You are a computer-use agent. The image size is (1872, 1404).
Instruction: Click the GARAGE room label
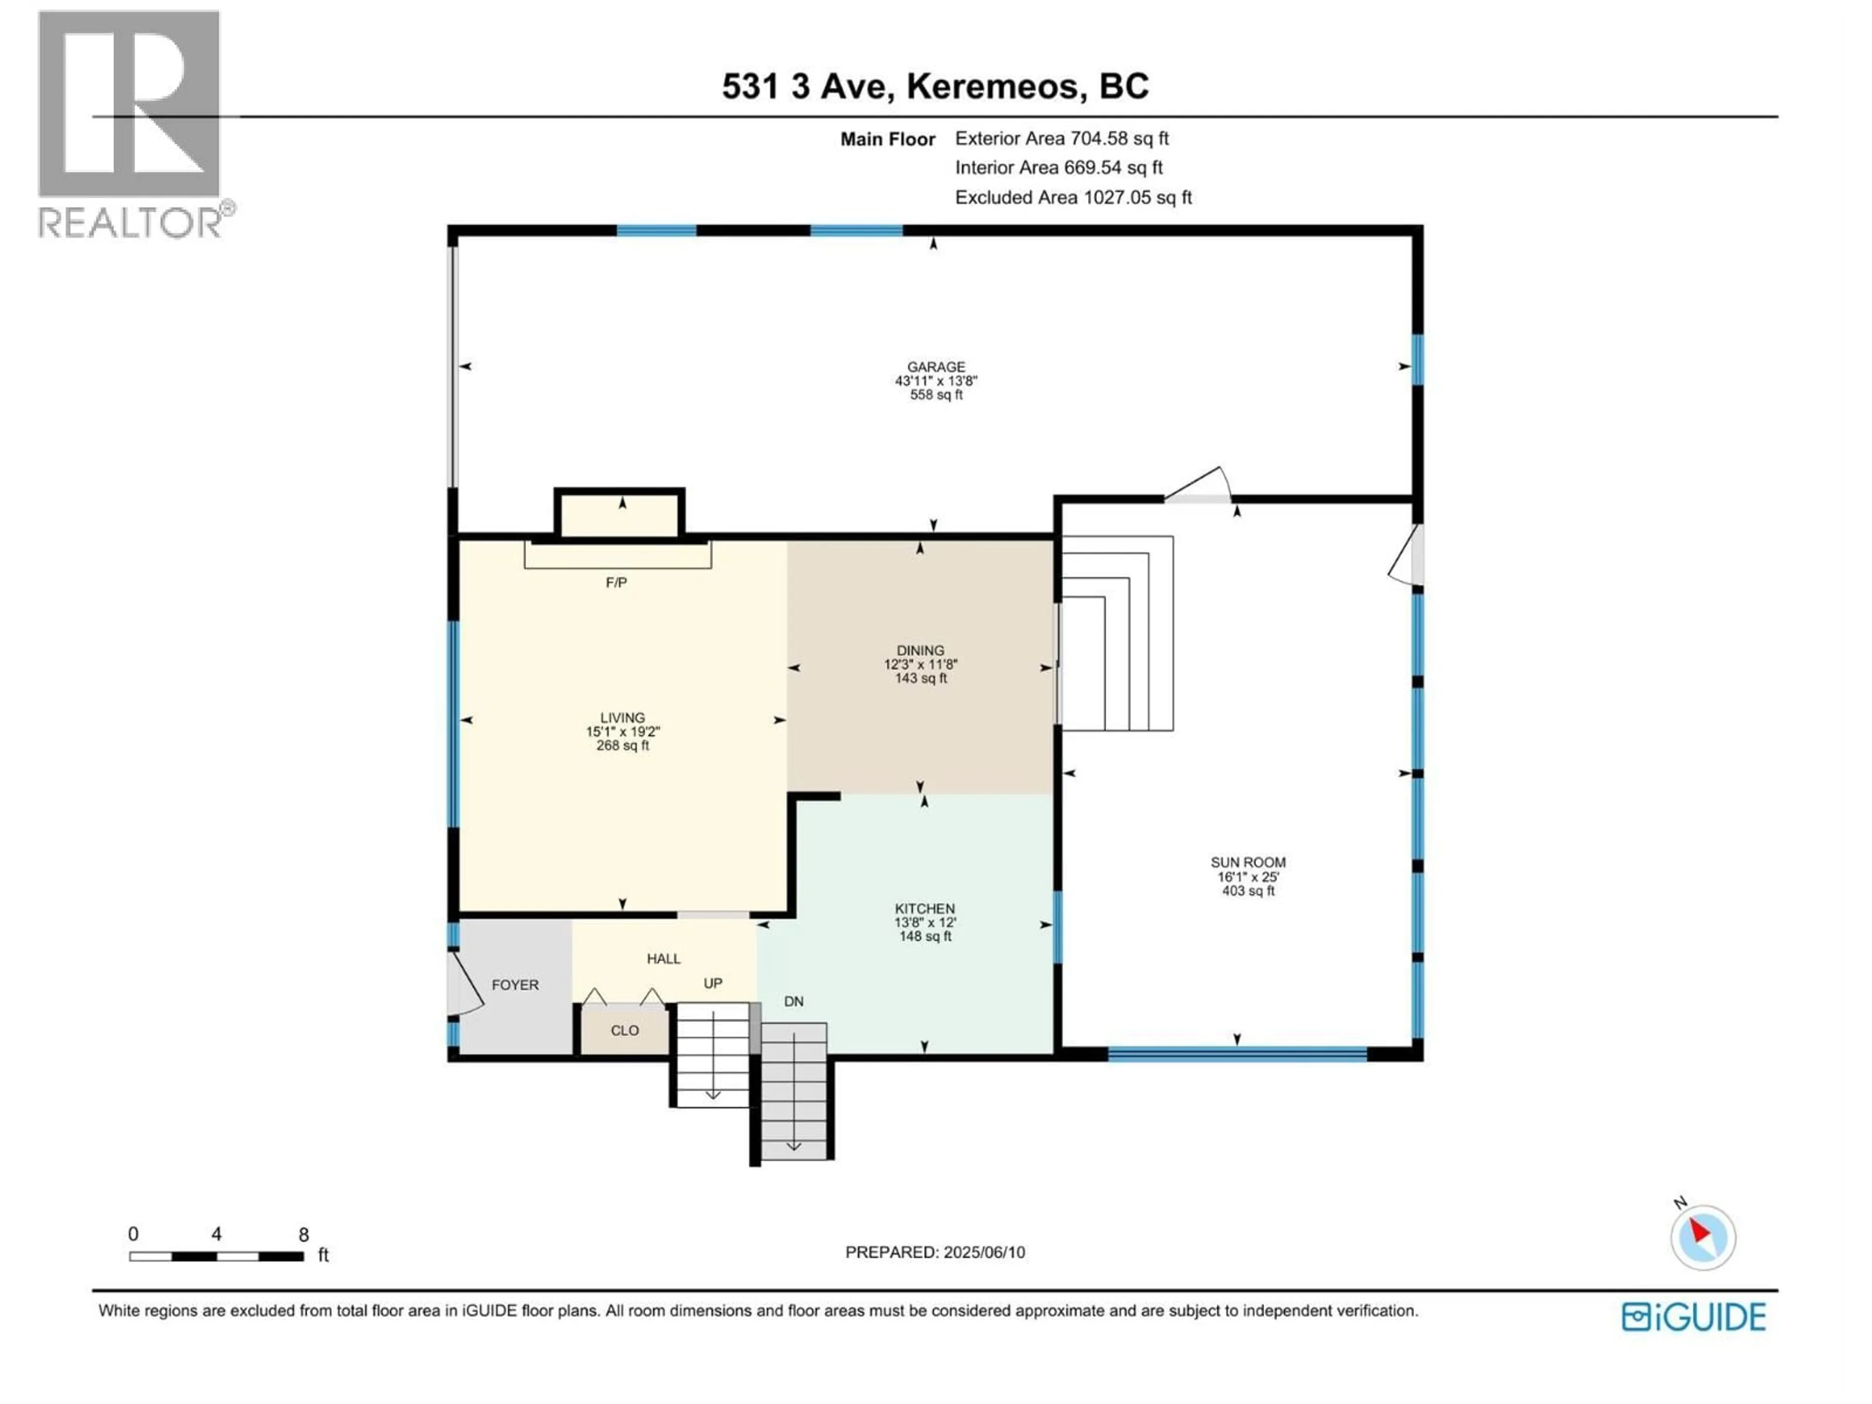936,367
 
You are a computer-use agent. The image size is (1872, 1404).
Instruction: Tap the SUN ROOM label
1248,862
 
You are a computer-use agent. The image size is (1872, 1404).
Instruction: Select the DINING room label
921,651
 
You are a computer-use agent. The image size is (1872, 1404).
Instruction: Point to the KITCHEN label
925,908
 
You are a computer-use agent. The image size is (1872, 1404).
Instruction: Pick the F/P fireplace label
616,582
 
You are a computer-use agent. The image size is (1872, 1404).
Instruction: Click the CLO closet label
624,1031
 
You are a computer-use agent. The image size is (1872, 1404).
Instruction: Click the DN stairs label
793,1001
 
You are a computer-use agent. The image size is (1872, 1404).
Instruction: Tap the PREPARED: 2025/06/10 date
935,1252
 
